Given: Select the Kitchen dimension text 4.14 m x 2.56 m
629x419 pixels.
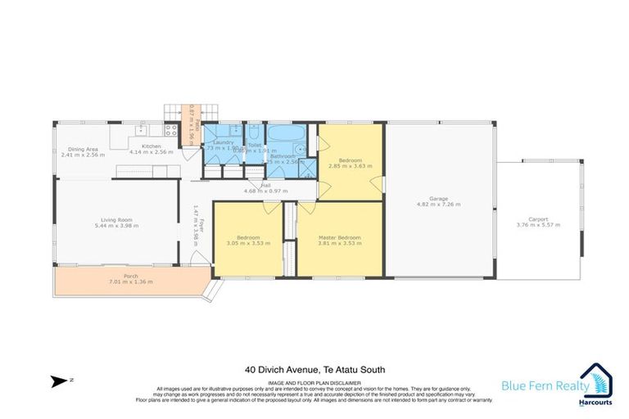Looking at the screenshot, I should (152, 153).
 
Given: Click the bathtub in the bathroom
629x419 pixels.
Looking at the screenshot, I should (286, 134).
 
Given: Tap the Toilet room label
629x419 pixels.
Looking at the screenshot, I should (255, 144).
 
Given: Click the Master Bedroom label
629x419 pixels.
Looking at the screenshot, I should (340, 237).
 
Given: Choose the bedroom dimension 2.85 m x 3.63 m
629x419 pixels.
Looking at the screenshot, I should (351, 165).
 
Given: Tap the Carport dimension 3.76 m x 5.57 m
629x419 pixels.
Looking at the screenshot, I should (538, 225).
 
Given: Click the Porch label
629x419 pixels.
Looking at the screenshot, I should (130, 276).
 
